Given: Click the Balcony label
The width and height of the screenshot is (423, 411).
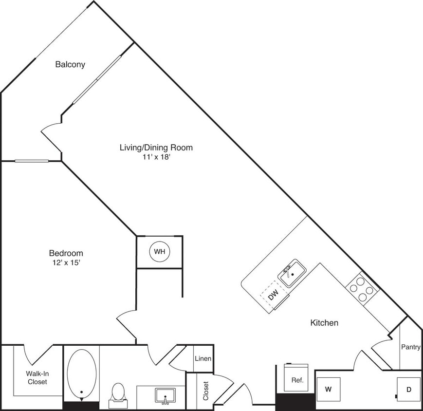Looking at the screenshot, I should (70, 64).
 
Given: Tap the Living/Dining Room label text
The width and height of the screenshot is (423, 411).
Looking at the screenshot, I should (156, 147).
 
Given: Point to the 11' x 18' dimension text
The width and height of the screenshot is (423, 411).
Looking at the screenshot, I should (156, 157).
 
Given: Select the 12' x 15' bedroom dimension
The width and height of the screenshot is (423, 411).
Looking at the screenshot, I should (66, 262).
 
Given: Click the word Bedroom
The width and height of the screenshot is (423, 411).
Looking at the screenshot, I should (66, 253).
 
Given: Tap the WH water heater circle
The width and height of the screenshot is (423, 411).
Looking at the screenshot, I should (160, 252).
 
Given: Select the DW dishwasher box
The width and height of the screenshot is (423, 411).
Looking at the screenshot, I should (273, 295).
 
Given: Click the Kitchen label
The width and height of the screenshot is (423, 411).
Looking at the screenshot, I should (324, 322).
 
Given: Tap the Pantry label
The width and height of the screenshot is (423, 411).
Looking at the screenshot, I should (411, 347).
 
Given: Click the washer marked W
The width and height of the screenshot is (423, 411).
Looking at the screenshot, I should (328, 389).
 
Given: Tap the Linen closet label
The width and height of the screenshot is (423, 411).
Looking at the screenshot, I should (203, 359).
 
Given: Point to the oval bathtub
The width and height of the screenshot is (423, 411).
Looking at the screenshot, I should (81, 373).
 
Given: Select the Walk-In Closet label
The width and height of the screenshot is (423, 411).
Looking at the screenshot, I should (37, 378).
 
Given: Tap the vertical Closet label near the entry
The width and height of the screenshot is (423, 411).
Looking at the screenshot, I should (205, 391).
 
